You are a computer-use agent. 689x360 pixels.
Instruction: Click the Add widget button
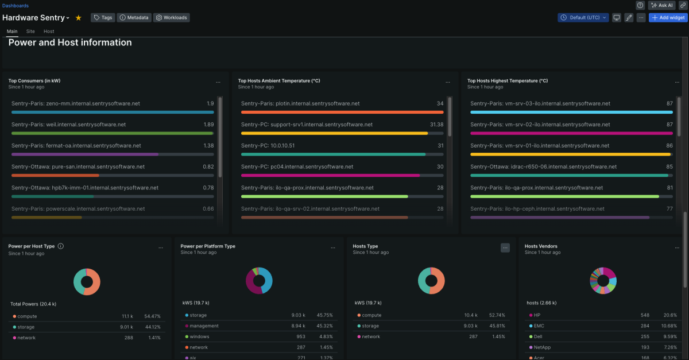(x=668, y=18)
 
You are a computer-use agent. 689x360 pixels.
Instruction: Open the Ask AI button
(x=661, y=5)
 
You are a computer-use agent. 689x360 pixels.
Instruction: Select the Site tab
(x=30, y=32)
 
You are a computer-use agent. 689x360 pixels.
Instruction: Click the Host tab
(x=49, y=32)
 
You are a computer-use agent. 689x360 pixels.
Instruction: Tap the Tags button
(x=103, y=18)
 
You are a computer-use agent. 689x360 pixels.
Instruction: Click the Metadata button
(x=134, y=18)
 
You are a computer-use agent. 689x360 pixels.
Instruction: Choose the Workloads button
(x=171, y=18)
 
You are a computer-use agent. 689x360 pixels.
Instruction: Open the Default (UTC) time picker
(x=583, y=18)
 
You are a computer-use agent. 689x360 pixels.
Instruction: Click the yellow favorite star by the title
(x=79, y=18)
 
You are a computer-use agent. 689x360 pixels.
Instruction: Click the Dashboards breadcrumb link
(x=16, y=6)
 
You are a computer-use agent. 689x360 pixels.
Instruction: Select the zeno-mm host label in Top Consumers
(x=75, y=104)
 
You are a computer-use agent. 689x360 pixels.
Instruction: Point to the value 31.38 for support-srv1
(x=436, y=125)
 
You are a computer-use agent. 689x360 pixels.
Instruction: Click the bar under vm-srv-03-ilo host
(x=571, y=112)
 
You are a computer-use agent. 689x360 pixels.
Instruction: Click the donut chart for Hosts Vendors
(x=603, y=281)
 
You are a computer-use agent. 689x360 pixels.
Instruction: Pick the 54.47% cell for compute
(x=153, y=316)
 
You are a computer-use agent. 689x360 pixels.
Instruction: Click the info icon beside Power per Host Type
(x=61, y=246)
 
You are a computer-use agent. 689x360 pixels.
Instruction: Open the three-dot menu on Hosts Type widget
(x=505, y=247)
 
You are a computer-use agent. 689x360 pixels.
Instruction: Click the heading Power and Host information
(x=70, y=43)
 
